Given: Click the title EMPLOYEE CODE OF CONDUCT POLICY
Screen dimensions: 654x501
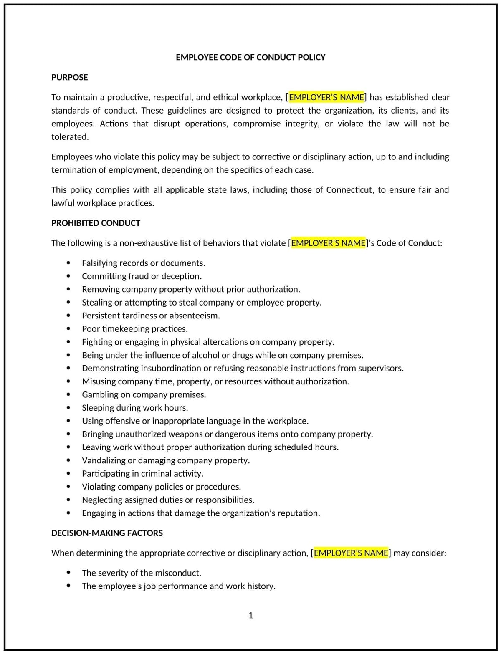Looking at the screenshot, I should (x=250, y=57).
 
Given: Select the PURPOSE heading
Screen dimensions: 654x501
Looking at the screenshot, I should (x=69, y=77).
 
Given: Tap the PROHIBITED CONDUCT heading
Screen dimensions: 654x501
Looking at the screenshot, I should (x=96, y=223).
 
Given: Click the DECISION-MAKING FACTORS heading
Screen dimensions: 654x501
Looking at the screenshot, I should (x=107, y=533).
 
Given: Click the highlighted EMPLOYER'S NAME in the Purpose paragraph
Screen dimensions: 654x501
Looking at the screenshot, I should (x=326, y=97).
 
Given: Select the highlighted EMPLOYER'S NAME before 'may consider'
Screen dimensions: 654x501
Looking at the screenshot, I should (x=351, y=553).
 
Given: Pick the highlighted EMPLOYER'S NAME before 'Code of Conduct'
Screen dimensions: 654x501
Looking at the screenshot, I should (x=328, y=243).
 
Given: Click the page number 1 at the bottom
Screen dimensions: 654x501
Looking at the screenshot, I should (x=250, y=615).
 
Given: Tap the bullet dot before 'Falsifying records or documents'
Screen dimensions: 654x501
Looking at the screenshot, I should (x=68, y=263).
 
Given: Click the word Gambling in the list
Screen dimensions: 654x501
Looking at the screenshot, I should (x=100, y=395).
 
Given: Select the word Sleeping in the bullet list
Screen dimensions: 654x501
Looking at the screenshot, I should (x=99, y=408).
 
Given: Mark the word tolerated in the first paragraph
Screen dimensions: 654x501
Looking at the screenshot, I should (x=69, y=137).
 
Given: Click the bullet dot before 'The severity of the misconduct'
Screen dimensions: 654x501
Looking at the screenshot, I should (x=68, y=573).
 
